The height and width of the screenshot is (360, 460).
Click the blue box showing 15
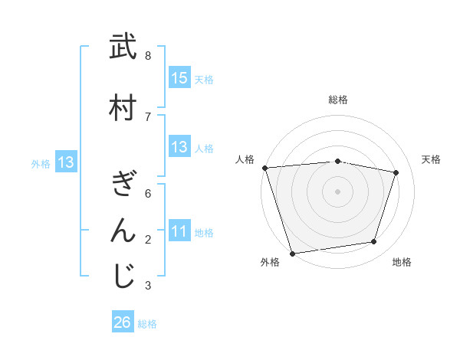tap(179, 78)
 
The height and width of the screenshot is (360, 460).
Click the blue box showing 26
tap(123, 322)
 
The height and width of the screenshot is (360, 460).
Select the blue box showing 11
tap(179, 231)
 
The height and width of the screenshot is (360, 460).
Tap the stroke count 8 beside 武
tap(148, 56)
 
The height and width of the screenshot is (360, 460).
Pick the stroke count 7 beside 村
tap(148, 116)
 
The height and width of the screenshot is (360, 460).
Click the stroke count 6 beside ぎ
tap(148, 194)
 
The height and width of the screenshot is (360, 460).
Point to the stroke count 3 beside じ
tap(148, 286)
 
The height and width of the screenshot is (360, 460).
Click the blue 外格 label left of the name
tap(41, 163)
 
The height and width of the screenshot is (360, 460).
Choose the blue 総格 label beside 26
tap(147, 324)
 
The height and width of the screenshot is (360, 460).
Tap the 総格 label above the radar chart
tap(337, 100)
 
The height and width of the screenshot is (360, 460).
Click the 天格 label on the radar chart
tap(431, 159)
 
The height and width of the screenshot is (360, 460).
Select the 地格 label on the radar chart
tap(402, 262)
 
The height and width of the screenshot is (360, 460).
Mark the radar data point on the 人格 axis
tap(264, 168)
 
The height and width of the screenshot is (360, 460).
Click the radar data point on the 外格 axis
tap(292, 252)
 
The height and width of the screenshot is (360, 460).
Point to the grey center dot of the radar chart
tap(337, 191)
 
